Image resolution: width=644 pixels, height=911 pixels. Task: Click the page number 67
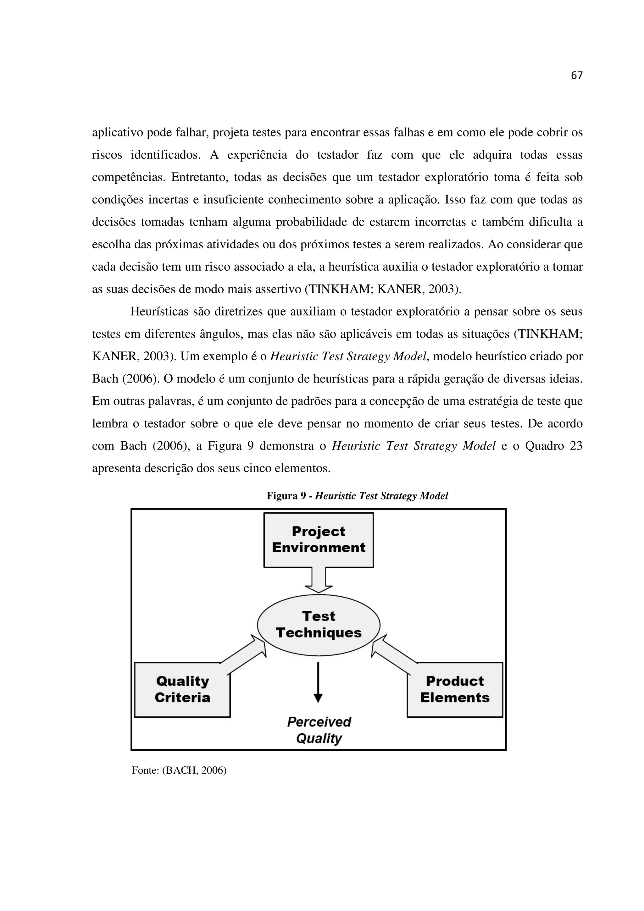click(576, 75)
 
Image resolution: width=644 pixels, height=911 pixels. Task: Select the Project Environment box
click(318, 540)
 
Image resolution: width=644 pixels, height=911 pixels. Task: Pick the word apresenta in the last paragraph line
click(116, 469)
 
